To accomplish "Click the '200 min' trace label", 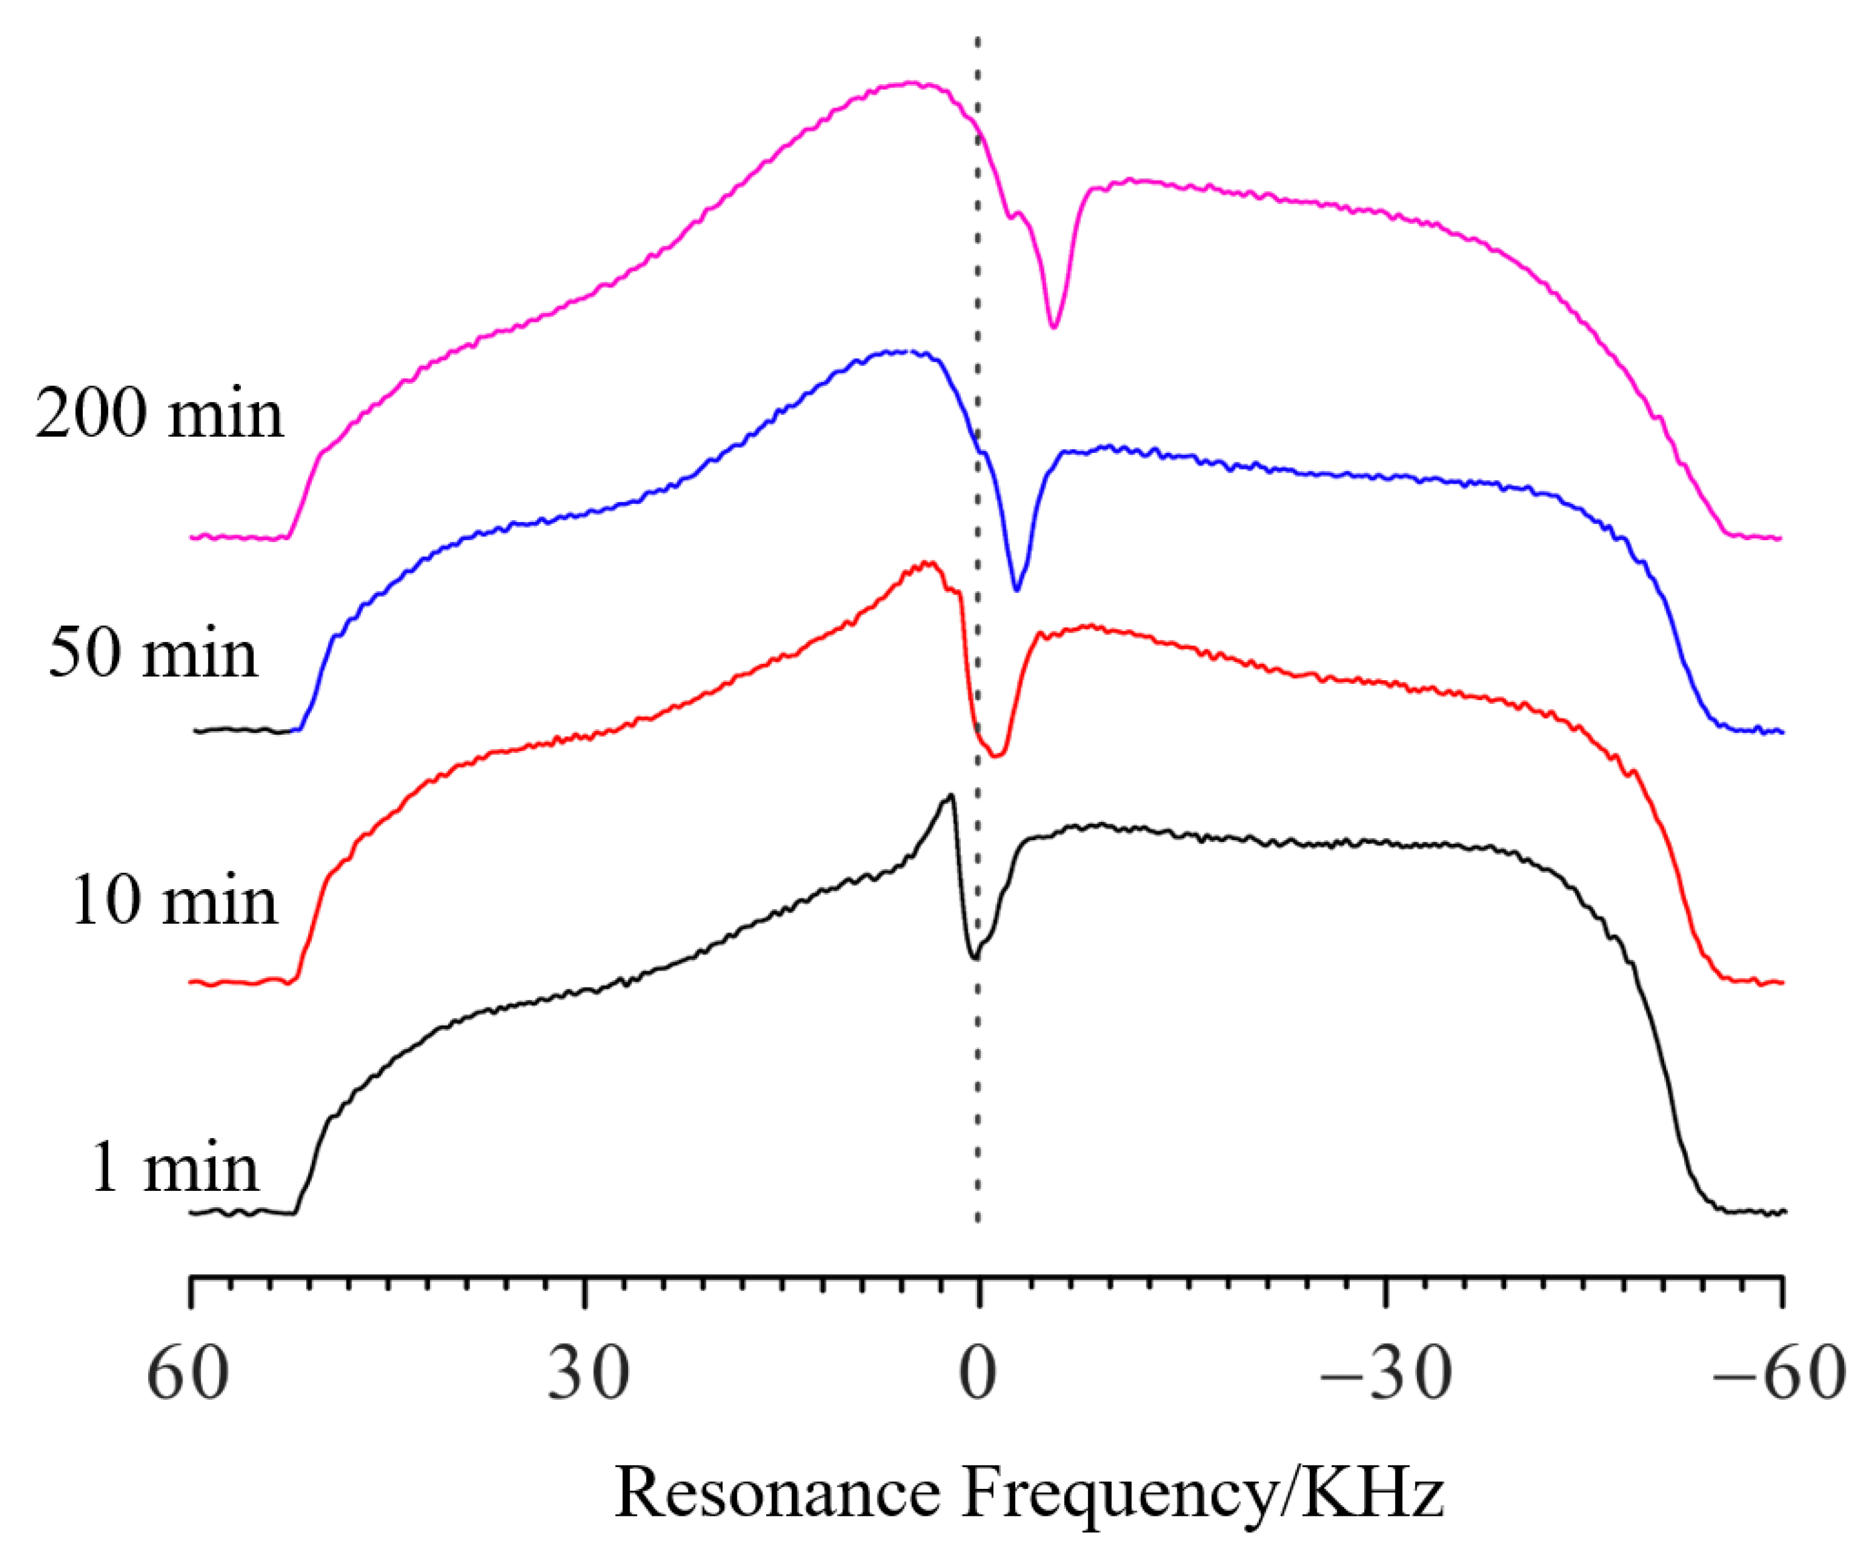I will pos(159,414).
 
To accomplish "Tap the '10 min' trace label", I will pos(174,900).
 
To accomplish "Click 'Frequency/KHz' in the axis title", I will pos(1202,1494).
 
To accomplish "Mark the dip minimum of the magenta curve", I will pos(1054,327).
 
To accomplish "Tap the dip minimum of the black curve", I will pos(976,958).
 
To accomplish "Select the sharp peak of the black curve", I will pos(951,795).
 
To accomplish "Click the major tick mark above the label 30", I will pos(584,1292).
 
